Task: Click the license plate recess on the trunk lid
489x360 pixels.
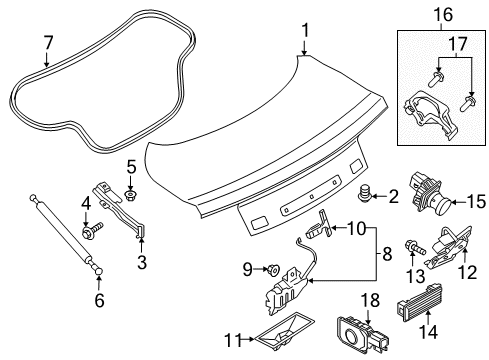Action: pyautogui.click(x=310, y=209)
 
